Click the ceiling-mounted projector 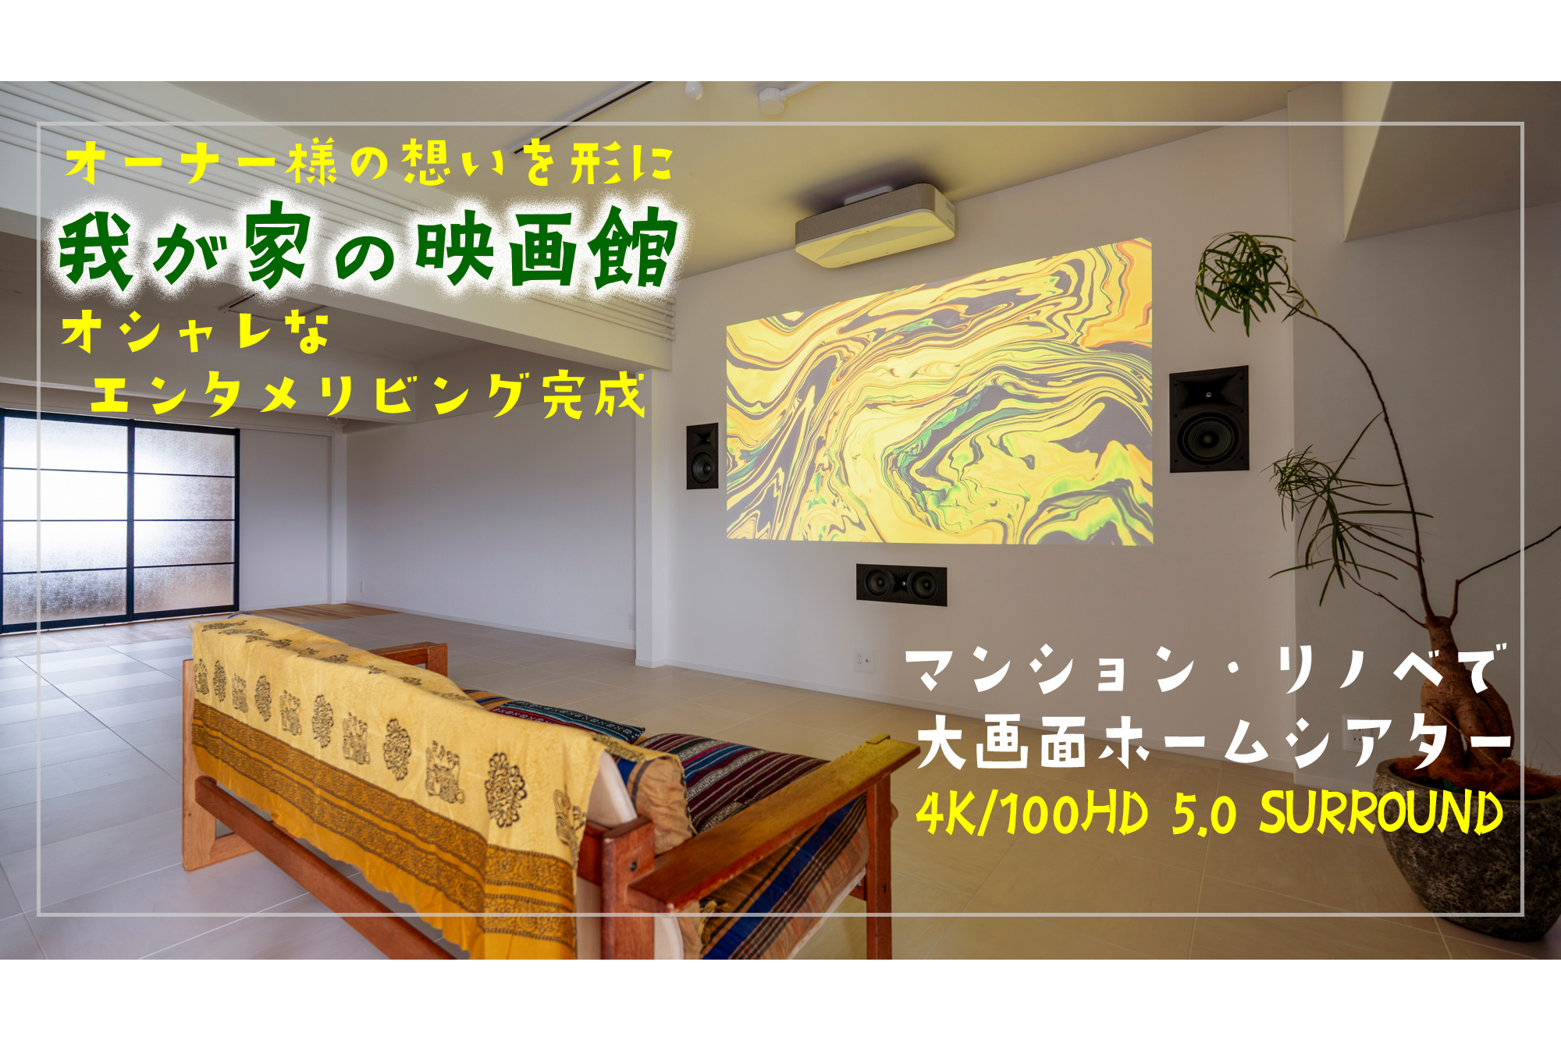click(x=875, y=225)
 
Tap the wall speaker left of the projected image click(x=702, y=456)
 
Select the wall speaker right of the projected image click(x=1208, y=419)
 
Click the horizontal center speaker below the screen click(x=901, y=584)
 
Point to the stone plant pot click(x=1467, y=850)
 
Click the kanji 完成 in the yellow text click(x=594, y=395)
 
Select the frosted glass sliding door click(x=119, y=520)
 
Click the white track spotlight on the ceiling click(x=771, y=98)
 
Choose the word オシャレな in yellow click(x=195, y=332)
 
